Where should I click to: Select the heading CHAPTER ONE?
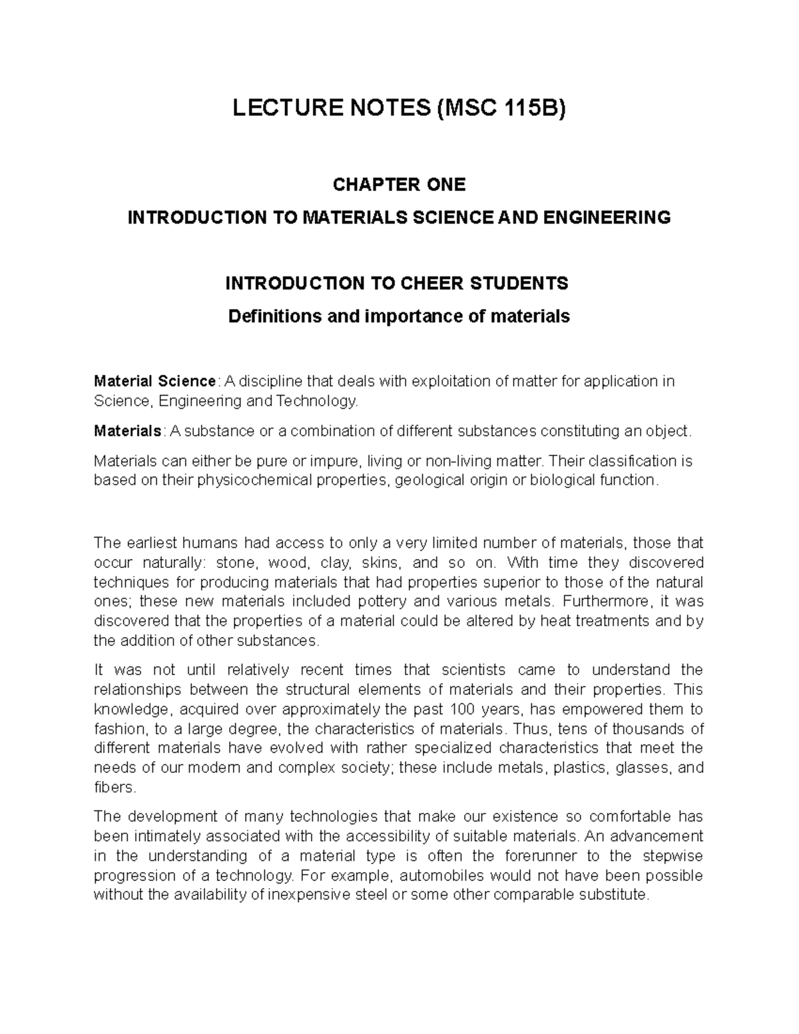pyautogui.click(x=399, y=184)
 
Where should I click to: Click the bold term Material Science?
pyautogui.click(x=154, y=382)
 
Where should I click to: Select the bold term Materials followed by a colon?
pyautogui.click(x=127, y=431)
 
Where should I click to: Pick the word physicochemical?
pyautogui.click(x=255, y=480)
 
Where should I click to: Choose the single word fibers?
pyautogui.click(x=115, y=787)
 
